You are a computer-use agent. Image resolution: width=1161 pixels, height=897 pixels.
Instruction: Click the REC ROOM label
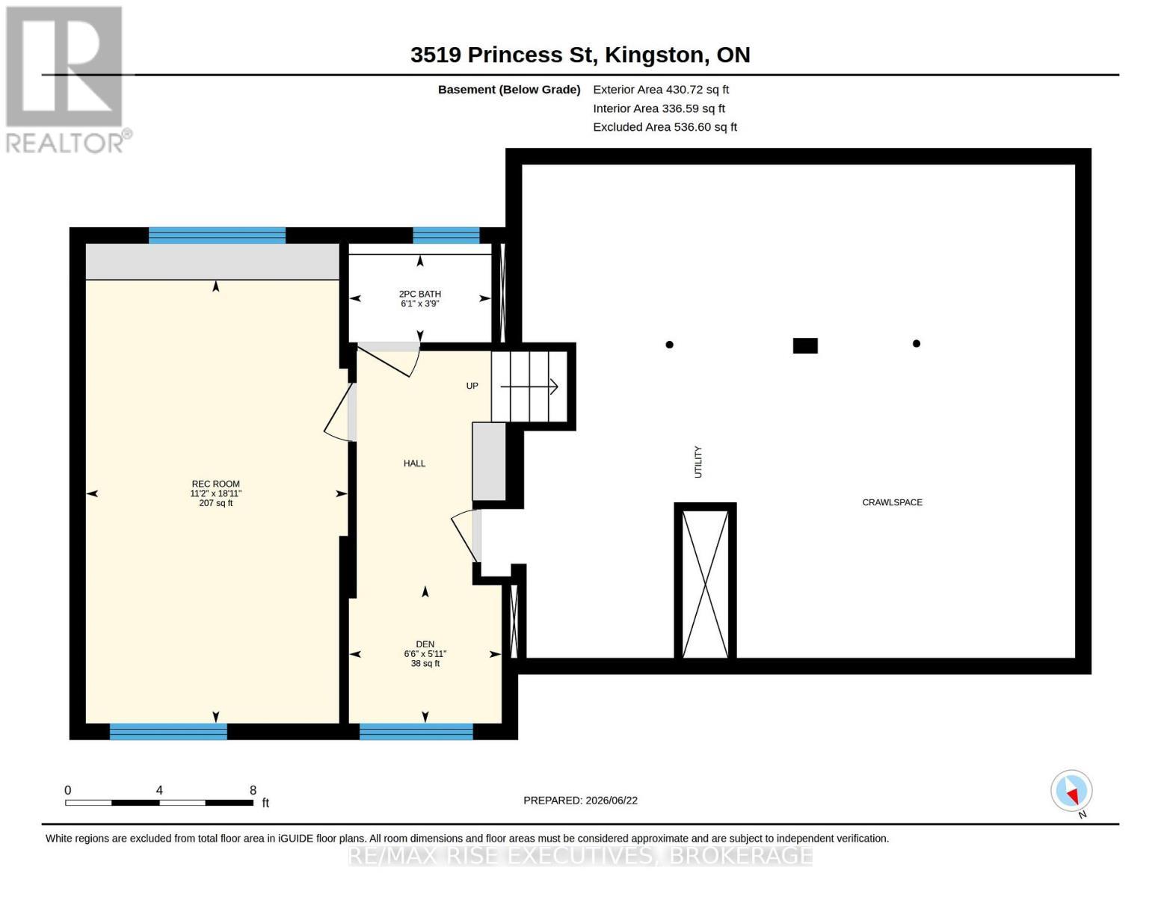(215, 484)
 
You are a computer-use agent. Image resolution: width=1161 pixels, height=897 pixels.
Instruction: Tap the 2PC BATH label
(420, 294)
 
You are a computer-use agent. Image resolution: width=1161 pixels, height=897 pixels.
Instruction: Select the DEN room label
(425, 644)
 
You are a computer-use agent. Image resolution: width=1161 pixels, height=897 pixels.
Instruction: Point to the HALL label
(415, 463)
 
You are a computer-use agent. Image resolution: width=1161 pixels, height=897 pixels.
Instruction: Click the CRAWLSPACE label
(893, 502)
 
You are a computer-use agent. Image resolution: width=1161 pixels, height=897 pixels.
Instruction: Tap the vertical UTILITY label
(697, 462)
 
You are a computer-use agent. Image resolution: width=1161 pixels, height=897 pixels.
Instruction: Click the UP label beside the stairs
(472, 386)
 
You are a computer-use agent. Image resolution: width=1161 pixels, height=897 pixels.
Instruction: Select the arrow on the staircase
(529, 386)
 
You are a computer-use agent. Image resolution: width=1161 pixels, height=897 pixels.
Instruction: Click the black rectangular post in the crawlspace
(805, 345)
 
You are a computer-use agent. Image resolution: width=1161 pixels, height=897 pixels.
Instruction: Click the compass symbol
(1071, 791)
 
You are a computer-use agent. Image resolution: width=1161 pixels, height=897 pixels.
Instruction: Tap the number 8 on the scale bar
(253, 790)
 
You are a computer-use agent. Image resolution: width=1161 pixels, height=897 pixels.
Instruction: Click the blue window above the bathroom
(446, 235)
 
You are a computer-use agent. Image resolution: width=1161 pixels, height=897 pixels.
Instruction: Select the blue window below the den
(416, 731)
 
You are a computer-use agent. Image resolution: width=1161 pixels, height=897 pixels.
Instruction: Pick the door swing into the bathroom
(396, 363)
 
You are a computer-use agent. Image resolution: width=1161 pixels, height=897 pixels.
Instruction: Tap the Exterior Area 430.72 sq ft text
(661, 90)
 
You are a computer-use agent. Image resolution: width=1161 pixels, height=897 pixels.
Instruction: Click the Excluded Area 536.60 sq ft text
(665, 127)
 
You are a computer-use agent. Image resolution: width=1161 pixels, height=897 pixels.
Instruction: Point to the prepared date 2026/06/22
(612, 801)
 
